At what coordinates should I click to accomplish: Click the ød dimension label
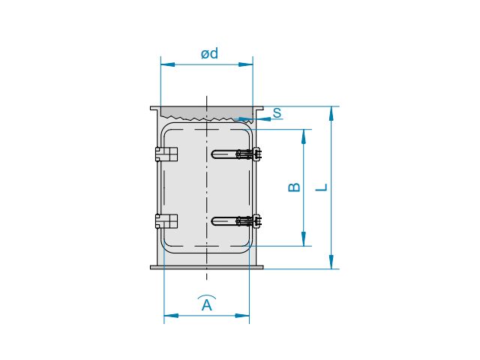click(x=210, y=53)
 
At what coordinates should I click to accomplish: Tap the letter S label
click(x=277, y=113)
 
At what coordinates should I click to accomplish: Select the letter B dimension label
click(x=294, y=187)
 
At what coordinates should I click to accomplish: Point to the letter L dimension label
click(x=322, y=187)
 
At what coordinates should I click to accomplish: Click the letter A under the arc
click(x=207, y=305)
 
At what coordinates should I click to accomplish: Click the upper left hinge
click(x=166, y=154)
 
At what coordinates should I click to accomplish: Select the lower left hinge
click(x=166, y=221)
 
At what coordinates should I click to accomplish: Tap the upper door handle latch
click(x=237, y=154)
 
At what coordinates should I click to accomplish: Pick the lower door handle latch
click(x=237, y=221)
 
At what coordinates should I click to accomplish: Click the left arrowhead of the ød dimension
click(x=168, y=64)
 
